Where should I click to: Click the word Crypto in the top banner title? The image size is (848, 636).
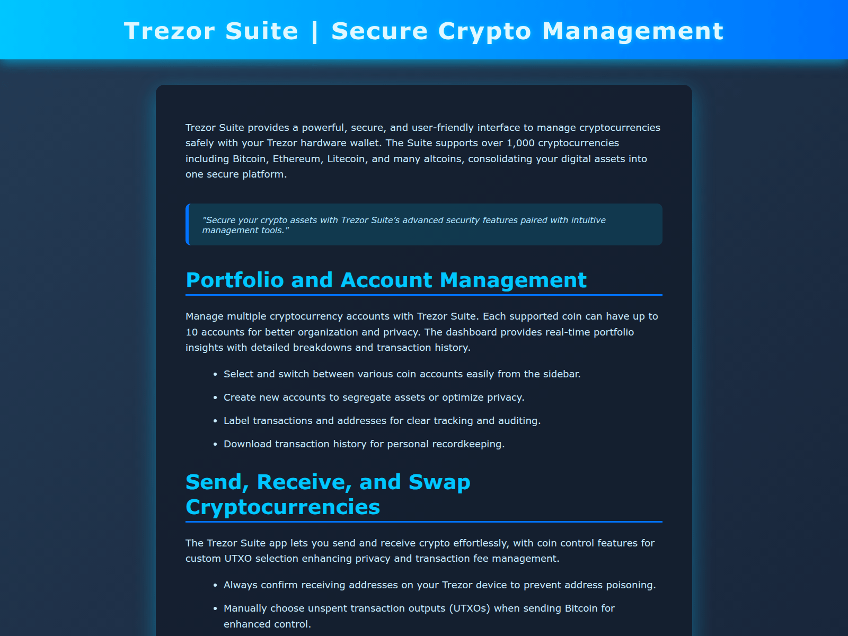484,31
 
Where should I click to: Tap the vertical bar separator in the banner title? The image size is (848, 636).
315,31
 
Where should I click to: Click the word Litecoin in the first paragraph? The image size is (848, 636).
347,159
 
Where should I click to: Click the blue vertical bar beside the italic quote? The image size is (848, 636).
188,225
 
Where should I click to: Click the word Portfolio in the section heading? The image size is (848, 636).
235,280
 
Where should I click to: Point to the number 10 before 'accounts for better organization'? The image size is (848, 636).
191,332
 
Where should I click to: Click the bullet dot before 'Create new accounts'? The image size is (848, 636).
215,398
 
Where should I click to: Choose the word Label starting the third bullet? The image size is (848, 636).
236,421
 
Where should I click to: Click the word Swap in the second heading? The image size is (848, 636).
439,482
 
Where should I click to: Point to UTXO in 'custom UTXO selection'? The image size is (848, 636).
238,559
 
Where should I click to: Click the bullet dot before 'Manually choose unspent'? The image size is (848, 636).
215,609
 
